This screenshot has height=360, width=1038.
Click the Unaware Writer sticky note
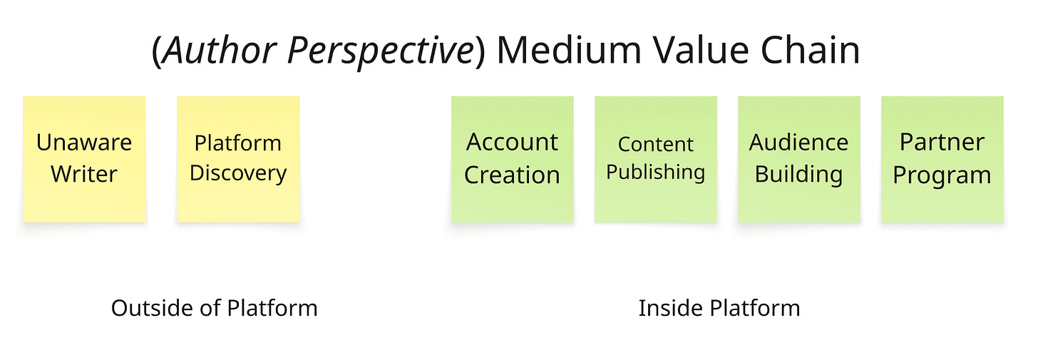click(x=84, y=158)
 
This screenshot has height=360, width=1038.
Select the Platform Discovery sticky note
click(x=238, y=158)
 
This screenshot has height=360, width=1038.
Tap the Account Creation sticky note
click(x=512, y=158)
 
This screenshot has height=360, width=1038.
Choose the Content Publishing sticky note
click(x=656, y=158)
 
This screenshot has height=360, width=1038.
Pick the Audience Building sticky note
click(x=799, y=158)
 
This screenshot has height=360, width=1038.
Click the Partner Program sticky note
click(x=942, y=158)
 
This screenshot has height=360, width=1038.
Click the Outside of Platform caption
click(x=215, y=308)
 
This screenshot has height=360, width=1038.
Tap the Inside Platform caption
click(x=719, y=308)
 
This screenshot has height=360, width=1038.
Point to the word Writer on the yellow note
click(x=84, y=174)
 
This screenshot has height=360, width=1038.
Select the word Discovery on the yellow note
click(x=238, y=173)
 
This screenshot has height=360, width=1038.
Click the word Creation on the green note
click(x=512, y=175)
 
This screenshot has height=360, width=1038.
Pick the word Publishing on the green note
click(x=656, y=173)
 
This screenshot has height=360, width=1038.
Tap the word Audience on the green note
click(x=799, y=143)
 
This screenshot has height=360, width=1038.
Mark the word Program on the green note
click(x=942, y=175)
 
